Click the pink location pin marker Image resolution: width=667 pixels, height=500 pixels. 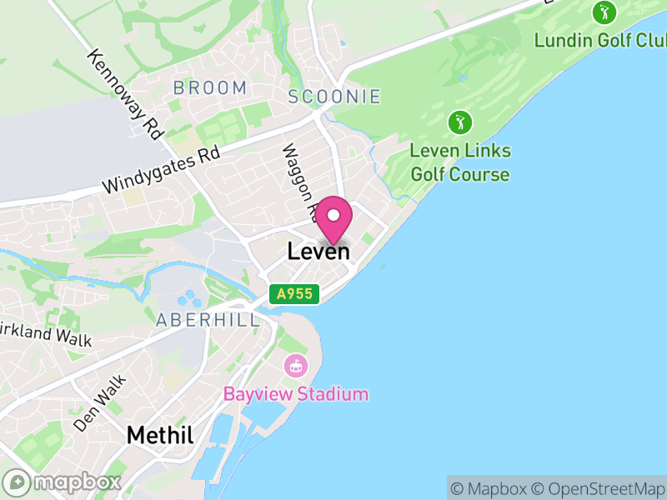(x=333, y=217)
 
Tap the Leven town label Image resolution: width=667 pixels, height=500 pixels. (x=318, y=251)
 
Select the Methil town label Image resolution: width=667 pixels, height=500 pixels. (x=160, y=435)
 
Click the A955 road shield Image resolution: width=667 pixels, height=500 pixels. (x=294, y=293)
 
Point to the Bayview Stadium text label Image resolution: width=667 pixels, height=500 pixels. (x=295, y=394)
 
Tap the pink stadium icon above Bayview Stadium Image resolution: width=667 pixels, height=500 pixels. (x=294, y=365)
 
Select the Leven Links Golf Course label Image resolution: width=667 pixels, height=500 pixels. (x=460, y=163)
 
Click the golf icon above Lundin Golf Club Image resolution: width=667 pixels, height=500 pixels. (x=604, y=12)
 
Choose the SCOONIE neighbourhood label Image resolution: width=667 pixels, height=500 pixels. (x=334, y=97)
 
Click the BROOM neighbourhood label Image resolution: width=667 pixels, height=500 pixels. (x=210, y=87)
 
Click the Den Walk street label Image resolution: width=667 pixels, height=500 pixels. (x=99, y=403)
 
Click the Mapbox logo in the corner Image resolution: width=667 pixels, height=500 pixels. (x=63, y=482)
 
